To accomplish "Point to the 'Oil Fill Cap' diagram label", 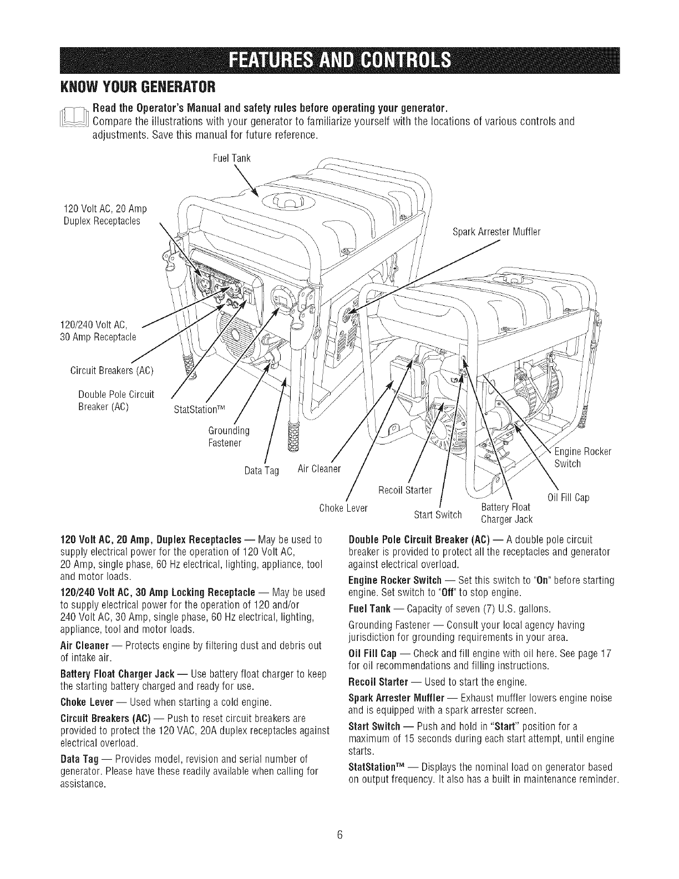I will point(568,497).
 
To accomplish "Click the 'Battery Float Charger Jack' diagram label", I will point(506,513).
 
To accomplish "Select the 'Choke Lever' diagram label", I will point(344,507).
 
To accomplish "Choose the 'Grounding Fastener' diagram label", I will point(229,437).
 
